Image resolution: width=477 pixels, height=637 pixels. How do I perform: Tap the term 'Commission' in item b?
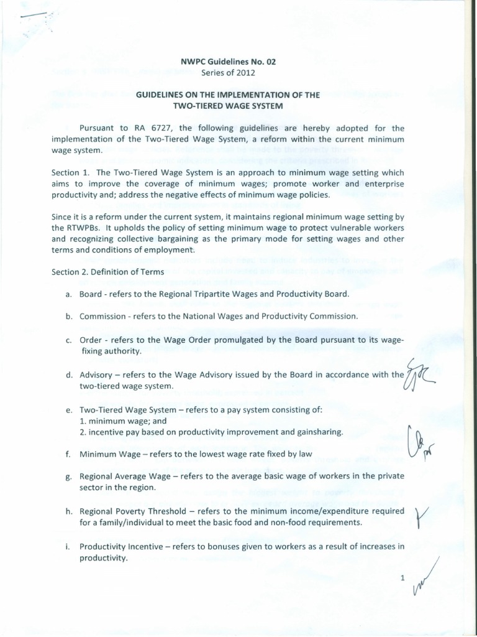click(104, 316)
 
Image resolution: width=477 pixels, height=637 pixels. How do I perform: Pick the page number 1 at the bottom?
click(402, 578)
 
